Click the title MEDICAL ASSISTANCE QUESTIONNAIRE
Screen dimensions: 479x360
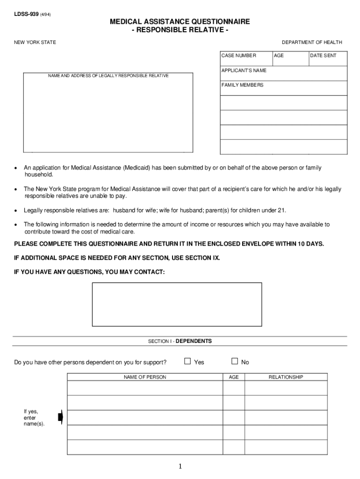(x=180, y=22)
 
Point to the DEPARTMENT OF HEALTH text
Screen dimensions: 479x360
(x=312, y=43)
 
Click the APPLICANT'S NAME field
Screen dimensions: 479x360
(x=283, y=73)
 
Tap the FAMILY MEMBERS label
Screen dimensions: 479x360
(x=242, y=85)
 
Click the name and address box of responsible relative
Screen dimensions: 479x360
(x=108, y=115)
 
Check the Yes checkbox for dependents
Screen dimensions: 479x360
(x=187, y=361)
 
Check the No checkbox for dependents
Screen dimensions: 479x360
(x=235, y=361)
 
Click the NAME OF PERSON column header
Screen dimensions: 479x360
(x=144, y=377)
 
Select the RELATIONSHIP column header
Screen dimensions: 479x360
(x=286, y=377)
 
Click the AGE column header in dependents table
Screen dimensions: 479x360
(x=234, y=377)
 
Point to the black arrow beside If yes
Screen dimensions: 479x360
(x=60, y=417)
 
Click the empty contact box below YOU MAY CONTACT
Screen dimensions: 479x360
(x=177, y=304)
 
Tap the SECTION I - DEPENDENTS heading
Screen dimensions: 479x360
(x=180, y=341)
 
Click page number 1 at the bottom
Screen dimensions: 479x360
(x=180, y=467)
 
